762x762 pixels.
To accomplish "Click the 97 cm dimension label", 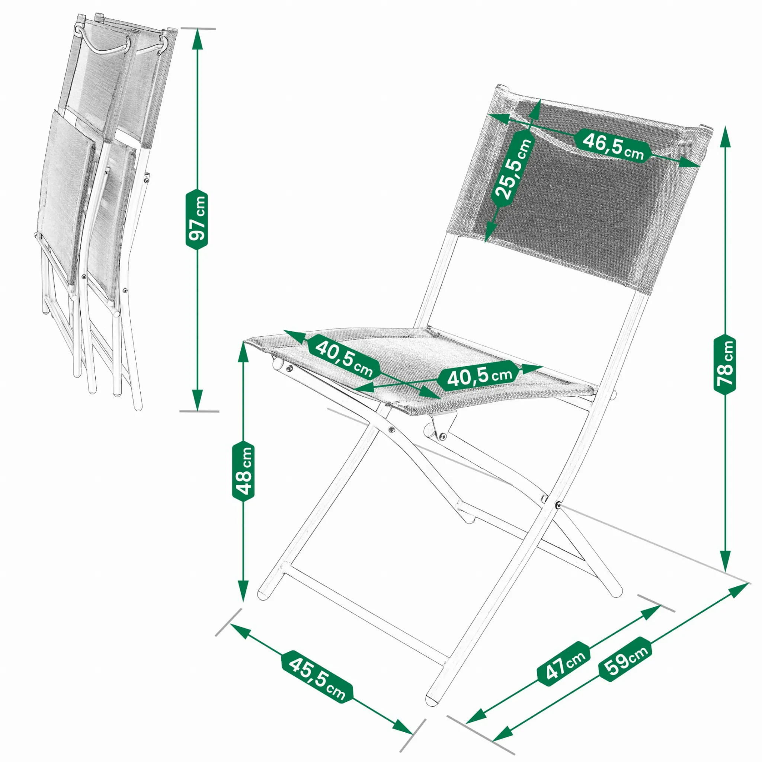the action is (196, 219).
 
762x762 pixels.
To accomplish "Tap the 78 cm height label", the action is (724, 363).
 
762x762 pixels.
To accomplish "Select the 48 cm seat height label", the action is (243, 471).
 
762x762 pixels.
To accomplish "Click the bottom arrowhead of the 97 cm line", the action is (197, 400).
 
